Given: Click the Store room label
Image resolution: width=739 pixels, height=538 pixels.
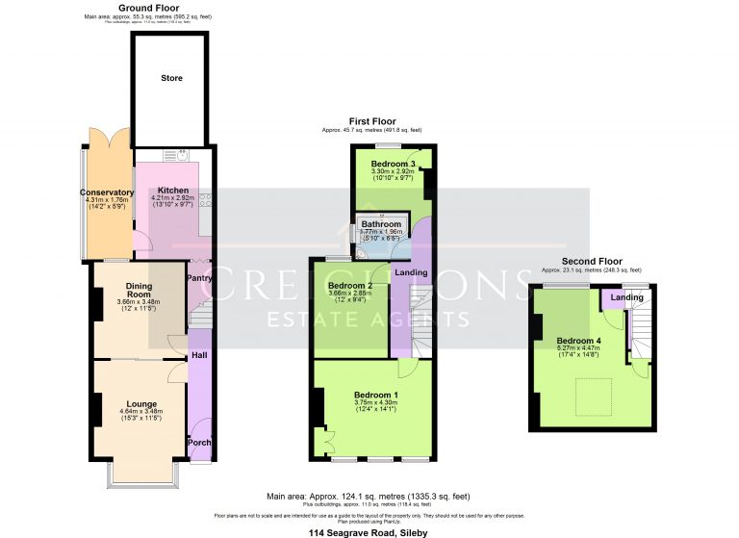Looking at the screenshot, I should click(170, 78).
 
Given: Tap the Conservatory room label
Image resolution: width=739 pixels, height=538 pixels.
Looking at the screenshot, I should click(107, 192).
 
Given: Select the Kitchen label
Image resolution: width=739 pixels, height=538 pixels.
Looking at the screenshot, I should click(173, 191).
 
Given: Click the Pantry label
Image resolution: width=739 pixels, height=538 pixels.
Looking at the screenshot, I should click(199, 278).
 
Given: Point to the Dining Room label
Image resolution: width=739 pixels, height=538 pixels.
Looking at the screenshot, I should click(140, 290).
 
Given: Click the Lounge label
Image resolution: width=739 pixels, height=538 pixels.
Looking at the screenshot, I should click(140, 403).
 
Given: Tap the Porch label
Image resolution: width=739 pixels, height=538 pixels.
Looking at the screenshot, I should click(199, 443).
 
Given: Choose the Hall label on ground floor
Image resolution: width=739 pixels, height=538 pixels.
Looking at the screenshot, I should click(198, 355).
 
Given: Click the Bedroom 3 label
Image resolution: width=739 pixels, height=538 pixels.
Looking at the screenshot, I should click(394, 164).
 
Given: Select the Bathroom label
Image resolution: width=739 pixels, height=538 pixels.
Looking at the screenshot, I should click(381, 224).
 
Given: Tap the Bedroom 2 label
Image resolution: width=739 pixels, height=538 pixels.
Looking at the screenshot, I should click(350, 286).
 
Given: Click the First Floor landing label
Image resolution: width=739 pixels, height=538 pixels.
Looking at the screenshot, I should click(411, 272).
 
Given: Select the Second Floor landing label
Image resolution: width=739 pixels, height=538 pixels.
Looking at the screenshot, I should click(627, 298).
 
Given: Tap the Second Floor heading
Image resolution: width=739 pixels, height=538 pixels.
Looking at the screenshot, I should click(592, 261).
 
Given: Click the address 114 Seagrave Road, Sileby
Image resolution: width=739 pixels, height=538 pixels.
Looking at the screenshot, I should click(369, 532).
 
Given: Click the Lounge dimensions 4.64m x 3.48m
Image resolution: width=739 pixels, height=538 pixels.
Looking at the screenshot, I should click(140, 413).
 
